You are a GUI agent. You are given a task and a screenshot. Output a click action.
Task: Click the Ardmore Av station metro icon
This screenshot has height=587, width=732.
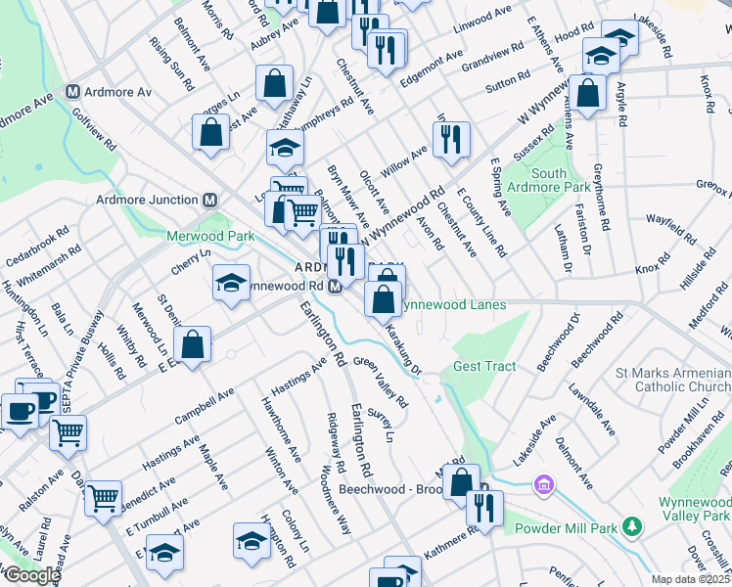[72, 92]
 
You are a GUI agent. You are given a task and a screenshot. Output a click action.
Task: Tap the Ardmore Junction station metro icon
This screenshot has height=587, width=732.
[208, 200]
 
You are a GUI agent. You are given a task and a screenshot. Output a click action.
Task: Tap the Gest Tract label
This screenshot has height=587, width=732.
[483, 367]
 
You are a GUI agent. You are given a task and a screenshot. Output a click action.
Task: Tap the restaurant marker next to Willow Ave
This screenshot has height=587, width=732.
[451, 140]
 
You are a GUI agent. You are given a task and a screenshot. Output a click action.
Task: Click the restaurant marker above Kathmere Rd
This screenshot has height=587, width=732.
[483, 509]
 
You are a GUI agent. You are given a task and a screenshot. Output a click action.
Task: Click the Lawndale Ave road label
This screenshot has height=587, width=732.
[594, 410]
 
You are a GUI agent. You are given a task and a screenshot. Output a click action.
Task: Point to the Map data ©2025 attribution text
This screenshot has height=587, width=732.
[690, 579]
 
